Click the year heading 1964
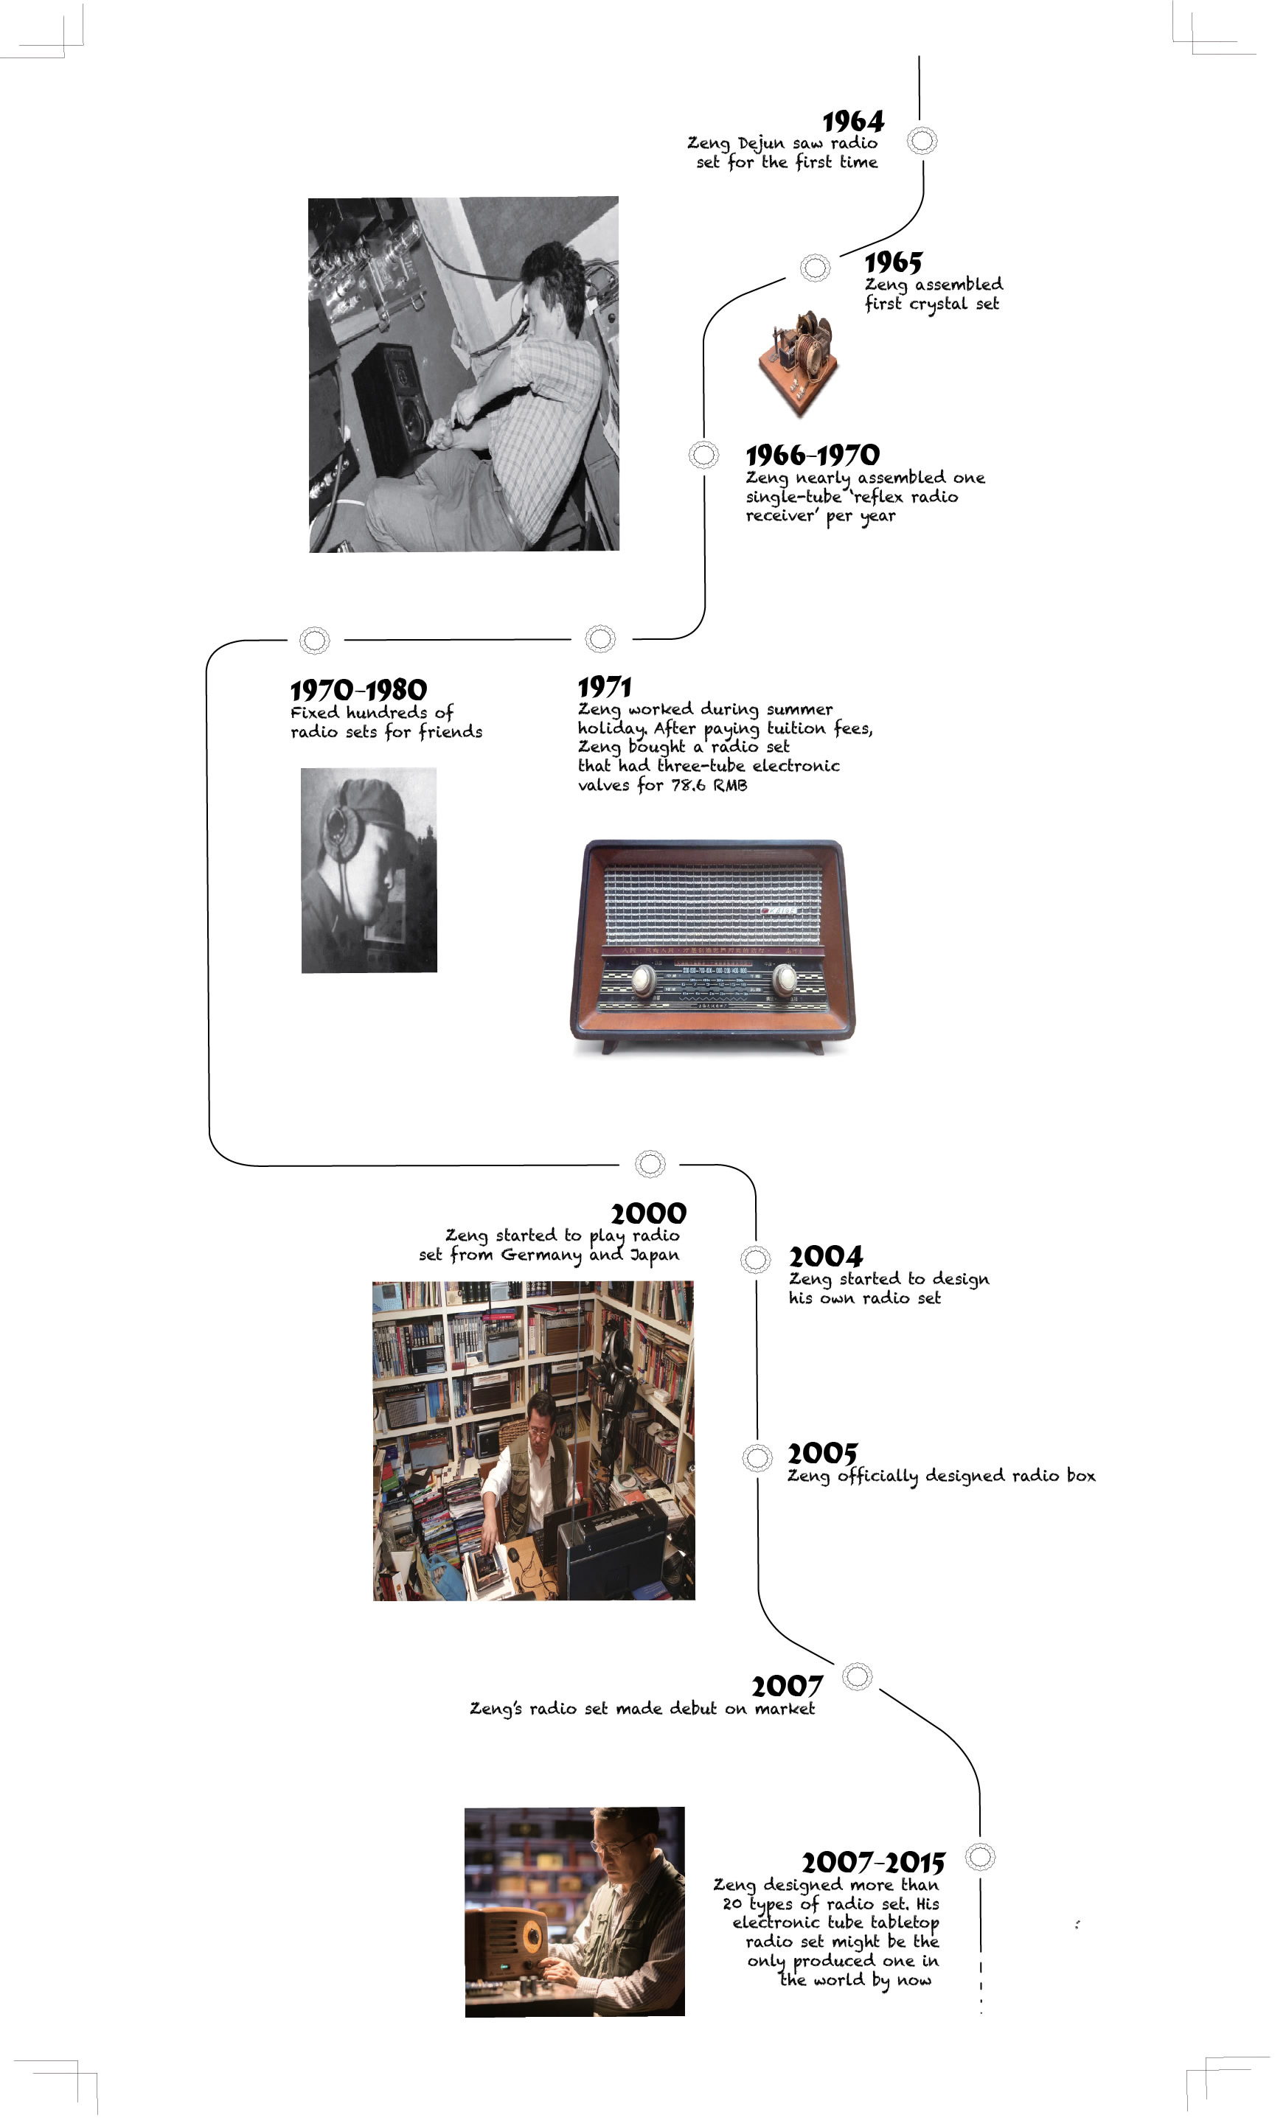tap(852, 121)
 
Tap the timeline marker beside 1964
tap(922, 140)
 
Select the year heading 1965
tap(893, 262)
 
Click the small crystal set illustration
tap(798, 363)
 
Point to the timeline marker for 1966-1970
tap(703, 454)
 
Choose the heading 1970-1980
tap(358, 690)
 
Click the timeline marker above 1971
tap(599, 638)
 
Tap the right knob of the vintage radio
tap(785, 979)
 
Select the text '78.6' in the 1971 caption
tap(688, 785)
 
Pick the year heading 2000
tap(648, 1213)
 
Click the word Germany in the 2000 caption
tap(541, 1255)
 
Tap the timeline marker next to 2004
tap(756, 1259)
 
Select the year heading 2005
tap(822, 1453)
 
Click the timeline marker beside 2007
tap(857, 1676)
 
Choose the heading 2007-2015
tap(872, 1862)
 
